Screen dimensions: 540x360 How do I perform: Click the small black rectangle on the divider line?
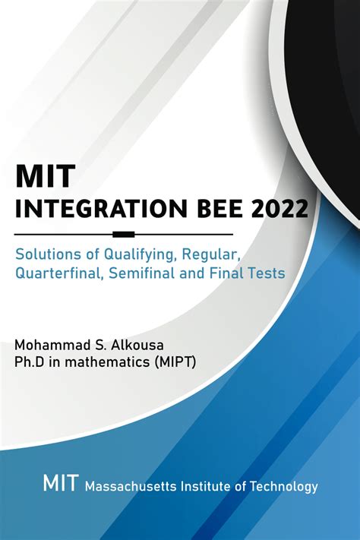pos(123,234)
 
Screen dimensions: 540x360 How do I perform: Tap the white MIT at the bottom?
pos(60,484)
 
